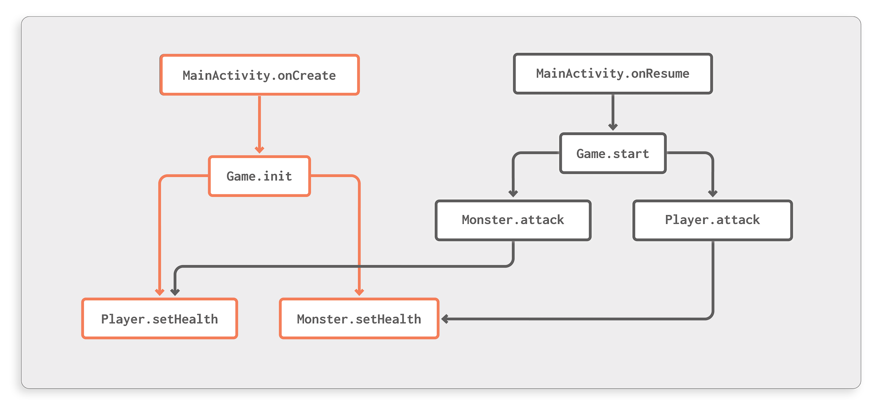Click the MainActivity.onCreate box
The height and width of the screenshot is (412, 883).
click(259, 75)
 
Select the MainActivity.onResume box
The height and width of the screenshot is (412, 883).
click(612, 74)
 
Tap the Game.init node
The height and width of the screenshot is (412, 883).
click(259, 176)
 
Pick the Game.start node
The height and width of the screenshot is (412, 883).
click(612, 153)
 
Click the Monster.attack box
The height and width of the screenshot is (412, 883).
click(513, 220)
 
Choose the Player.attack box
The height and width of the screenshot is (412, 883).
click(712, 220)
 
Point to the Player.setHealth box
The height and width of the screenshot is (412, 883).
click(159, 319)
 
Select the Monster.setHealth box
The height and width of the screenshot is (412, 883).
click(358, 319)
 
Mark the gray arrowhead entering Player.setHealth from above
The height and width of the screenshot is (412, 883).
click(175, 292)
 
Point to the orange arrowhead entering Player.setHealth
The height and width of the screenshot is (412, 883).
click(160, 292)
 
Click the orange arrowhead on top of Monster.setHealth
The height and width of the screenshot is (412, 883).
click(359, 292)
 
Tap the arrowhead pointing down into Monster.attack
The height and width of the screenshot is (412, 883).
click(513, 193)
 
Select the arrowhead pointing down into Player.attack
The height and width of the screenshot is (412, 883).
click(713, 193)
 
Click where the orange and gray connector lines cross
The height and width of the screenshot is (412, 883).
click(359, 267)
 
